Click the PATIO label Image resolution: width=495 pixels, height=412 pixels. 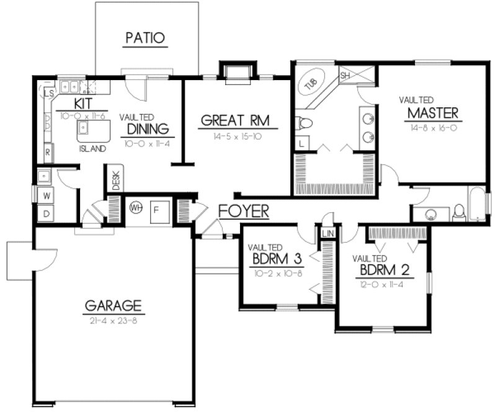pos(146,38)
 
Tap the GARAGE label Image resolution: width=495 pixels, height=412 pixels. pos(114,305)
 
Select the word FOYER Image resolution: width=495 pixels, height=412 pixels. pos(244,212)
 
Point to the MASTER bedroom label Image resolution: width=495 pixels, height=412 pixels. pos(433,113)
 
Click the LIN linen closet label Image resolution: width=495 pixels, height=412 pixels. pos(328,233)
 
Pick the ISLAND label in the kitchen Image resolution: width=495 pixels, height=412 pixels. pos(91,149)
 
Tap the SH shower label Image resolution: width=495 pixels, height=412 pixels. pos(345,75)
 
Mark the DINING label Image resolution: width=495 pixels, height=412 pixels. pos(148,129)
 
